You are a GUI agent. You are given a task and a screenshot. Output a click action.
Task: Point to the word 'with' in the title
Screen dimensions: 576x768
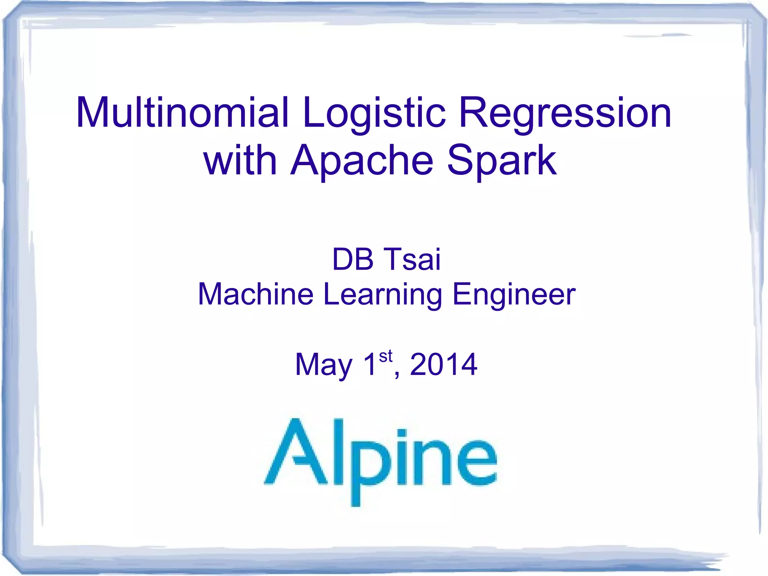[x=240, y=160]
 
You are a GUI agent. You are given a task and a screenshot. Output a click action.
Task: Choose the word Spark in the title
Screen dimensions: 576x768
[x=502, y=160]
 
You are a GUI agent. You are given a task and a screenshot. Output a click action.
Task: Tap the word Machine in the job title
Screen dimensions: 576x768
[x=256, y=294]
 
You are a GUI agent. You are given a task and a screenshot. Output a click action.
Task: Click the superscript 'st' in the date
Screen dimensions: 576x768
[x=385, y=356]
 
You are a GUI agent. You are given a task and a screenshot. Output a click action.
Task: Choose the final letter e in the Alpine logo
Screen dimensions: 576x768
[x=477, y=463]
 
